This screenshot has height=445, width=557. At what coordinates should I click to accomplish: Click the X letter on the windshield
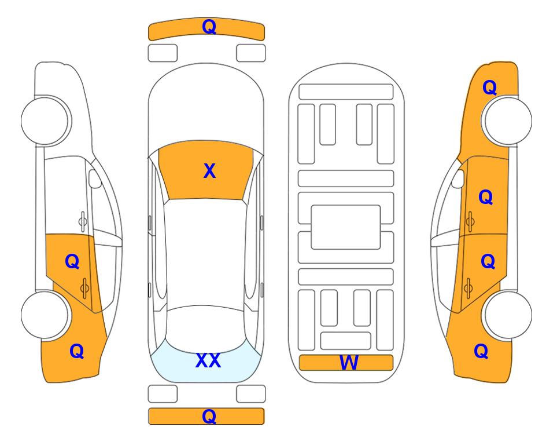[209, 171]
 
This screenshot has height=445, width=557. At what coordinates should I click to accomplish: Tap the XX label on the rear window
[208, 360]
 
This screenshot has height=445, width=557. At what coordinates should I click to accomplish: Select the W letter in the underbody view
[349, 363]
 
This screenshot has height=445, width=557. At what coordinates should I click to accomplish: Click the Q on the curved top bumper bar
[209, 26]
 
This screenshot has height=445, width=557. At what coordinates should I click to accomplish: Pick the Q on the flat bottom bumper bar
[209, 416]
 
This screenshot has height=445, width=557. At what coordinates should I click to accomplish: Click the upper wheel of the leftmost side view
[45, 121]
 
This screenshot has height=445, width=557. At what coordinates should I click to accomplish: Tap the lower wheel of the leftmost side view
[45, 315]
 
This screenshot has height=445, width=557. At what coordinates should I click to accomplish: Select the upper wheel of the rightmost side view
[508, 121]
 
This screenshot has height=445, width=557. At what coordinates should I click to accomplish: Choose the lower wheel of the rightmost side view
[508, 315]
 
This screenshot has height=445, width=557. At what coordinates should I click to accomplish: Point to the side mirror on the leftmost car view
[95, 178]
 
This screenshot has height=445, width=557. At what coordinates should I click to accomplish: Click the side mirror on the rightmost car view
[458, 178]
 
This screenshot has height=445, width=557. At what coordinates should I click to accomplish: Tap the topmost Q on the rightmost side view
[489, 87]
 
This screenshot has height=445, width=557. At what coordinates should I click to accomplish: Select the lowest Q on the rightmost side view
[481, 351]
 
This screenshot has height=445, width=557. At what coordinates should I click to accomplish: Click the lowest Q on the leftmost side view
[77, 351]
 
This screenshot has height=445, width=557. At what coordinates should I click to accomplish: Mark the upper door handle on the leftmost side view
[83, 222]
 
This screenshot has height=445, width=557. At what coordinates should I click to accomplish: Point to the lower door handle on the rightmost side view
[468, 288]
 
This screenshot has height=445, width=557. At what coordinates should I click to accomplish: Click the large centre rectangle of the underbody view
[346, 227]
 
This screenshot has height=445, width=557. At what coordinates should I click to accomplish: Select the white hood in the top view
[206, 107]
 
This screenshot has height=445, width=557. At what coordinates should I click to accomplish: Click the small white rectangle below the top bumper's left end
[163, 53]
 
